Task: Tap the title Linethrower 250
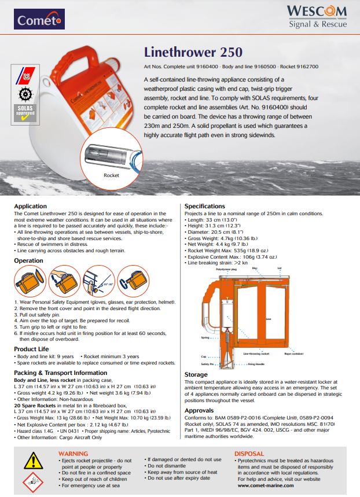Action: tap(189, 52)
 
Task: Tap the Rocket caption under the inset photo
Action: tap(111, 175)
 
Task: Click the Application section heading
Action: tap(30, 206)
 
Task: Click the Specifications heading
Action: tap(204, 206)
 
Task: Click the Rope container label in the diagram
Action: tap(292, 353)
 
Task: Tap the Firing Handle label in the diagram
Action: tap(257, 365)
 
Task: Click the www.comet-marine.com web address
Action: tap(263, 485)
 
